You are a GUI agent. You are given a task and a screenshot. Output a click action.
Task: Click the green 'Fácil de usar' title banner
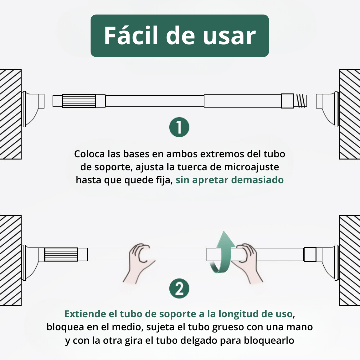[x=180, y=36]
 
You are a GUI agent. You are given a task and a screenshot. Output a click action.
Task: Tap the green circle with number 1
[x=179, y=127]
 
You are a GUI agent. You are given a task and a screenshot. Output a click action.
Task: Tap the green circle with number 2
[x=179, y=289]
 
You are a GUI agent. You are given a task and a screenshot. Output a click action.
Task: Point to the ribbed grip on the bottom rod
[x=61, y=255]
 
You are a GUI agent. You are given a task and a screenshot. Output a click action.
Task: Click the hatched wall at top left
[x=10, y=114]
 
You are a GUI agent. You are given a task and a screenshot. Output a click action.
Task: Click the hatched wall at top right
[x=349, y=114]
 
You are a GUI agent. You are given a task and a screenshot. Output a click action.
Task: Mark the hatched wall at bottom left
[x=10, y=260]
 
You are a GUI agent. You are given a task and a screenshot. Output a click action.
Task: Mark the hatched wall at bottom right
[x=349, y=260]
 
